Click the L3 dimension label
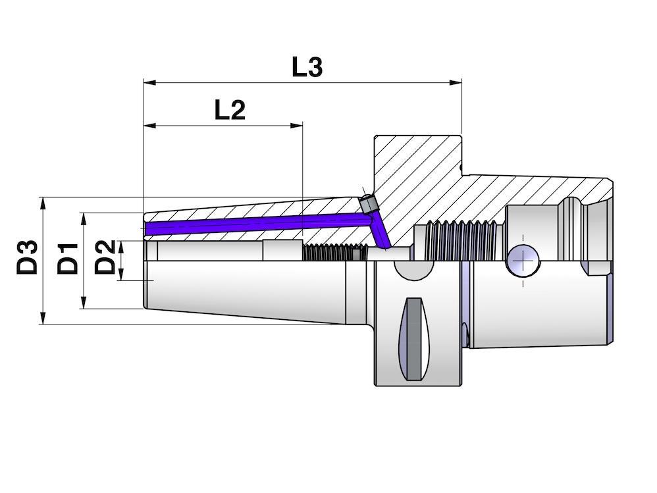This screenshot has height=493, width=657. (x=307, y=67)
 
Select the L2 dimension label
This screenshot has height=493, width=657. (x=230, y=110)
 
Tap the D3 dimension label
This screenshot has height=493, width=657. (x=27, y=257)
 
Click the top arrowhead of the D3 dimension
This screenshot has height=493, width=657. (x=43, y=202)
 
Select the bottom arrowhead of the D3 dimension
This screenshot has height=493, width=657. (x=43, y=318)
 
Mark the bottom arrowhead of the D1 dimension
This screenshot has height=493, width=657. (x=84, y=303)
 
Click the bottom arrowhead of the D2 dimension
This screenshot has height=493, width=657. (x=120, y=275)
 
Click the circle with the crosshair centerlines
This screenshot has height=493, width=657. (x=523, y=260)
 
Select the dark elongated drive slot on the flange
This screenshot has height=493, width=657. (x=413, y=338)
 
